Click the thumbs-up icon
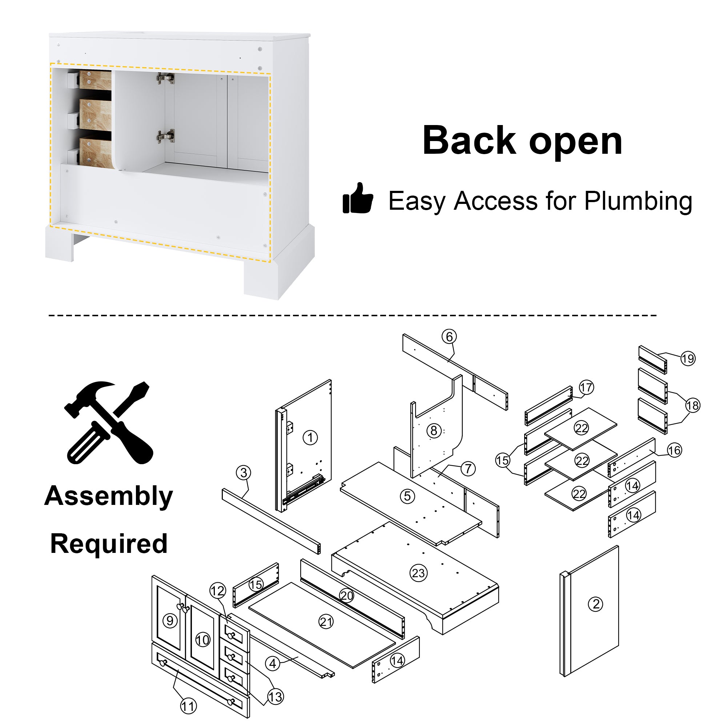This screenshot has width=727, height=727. click(x=357, y=198)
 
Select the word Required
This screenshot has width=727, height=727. click(x=109, y=544)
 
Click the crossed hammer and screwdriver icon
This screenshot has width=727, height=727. click(x=108, y=423)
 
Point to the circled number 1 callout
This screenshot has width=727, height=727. click(x=310, y=438)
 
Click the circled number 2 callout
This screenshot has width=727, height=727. click(x=596, y=605)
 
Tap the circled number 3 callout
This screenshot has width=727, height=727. click(x=244, y=473)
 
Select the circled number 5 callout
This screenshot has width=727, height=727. click(x=407, y=496)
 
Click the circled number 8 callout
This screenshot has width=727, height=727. click(x=434, y=430)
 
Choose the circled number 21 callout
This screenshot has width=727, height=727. click(x=326, y=622)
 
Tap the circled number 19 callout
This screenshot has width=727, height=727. click(x=688, y=358)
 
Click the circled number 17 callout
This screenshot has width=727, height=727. click(x=586, y=387)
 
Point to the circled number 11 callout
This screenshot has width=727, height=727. click(x=188, y=706)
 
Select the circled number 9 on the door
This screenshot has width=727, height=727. click(x=170, y=620)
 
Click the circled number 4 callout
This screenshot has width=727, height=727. click(x=273, y=663)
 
